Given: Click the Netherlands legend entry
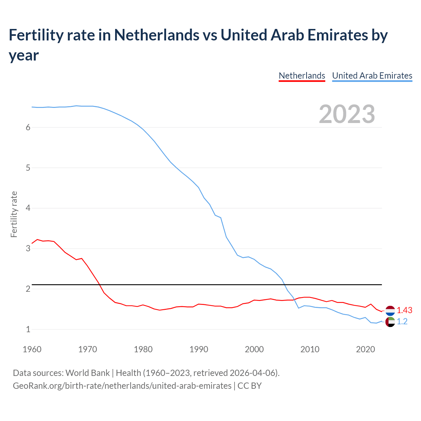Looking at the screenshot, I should click(x=302, y=76).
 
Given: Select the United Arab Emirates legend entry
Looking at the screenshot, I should click(x=372, y=76).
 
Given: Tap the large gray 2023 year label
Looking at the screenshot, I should click(x=347, y=114).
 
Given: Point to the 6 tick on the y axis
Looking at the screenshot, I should click(x=28, y=128).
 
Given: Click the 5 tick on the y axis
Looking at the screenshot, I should click(x=28, y=168).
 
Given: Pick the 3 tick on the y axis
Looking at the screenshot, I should click(x=28, y=249).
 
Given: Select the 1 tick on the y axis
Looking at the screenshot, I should click(x=28, y=329).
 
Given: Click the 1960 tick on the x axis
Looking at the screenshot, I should click(x=32, y=349).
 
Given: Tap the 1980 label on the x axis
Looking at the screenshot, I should click(x=143, y=349).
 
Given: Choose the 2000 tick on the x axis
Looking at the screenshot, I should click(x=254, y=349).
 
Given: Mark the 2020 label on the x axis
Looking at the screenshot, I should click(x=365, y=349).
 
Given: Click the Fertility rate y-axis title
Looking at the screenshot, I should click(x=14, y=214).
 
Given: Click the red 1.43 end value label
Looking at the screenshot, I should click(x=404, y=310).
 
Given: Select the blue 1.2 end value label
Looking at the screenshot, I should click(x=402, y=322).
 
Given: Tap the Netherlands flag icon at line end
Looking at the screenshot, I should click(x=390, y=310).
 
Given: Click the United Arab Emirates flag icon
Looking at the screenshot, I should click(x=390, y=322).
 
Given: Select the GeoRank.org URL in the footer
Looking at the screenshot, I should click(x=122, y=386).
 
